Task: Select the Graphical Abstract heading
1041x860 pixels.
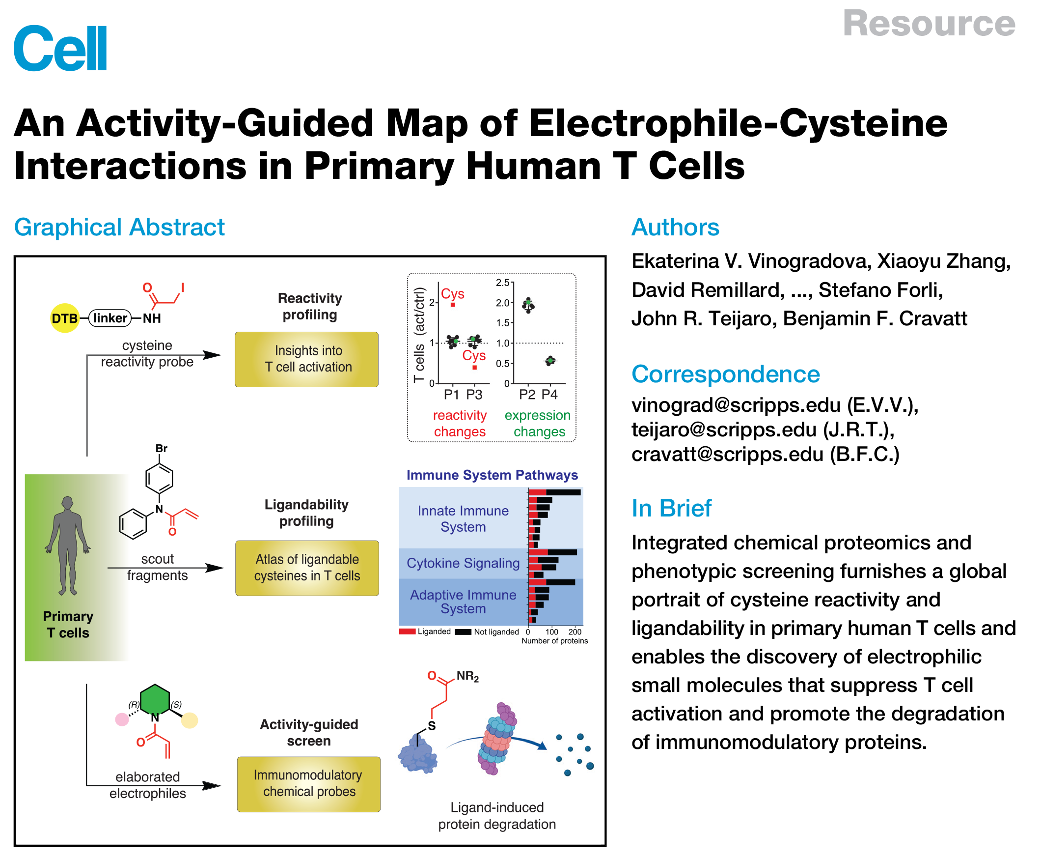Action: click(x=119, y=227)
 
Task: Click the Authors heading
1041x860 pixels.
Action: click(x=674, y=227)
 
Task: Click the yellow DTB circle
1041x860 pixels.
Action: click(x=65, y=317)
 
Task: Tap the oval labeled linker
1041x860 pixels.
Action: click(x=110, y=317)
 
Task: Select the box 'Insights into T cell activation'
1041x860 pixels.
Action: click(x=306, y=359)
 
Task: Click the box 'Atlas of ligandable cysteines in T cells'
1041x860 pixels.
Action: click(x=307, y=567)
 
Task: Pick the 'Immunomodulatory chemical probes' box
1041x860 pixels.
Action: click(x=308, y=783)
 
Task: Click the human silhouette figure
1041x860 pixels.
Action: click(x=67, y=545)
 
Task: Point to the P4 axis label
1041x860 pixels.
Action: click(x=549, y=394)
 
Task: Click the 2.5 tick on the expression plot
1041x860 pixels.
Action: click(x=502, y=283)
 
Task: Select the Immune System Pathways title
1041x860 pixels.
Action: click(x=492, y=475)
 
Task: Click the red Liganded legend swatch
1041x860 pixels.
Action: click(x=407, y=631)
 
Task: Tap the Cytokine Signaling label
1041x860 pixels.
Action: click(x=463, y=563)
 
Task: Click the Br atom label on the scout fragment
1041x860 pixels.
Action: click(x=162, y=448)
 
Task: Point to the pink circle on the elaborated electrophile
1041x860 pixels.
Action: click(x=122, y=719)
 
